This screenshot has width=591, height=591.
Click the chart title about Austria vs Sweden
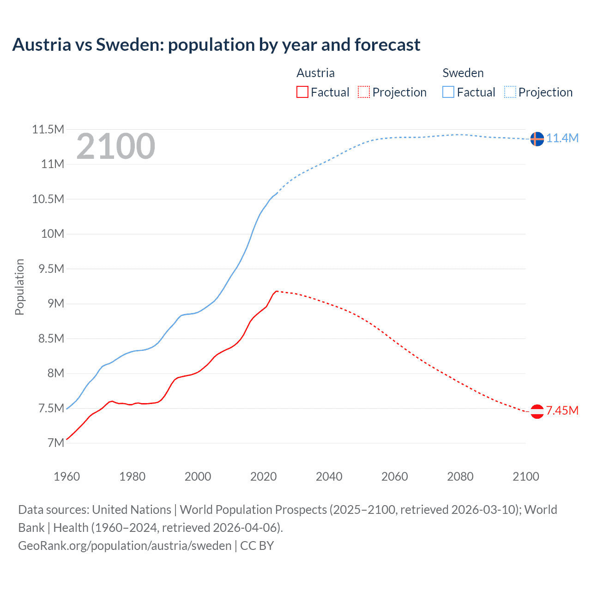coord(216,45)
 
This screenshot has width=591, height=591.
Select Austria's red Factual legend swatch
coord(302,92)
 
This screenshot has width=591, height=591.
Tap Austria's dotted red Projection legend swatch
coord(364,92)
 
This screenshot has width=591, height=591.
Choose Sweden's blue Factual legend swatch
coord(448,92)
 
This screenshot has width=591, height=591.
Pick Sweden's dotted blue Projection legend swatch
coord(510,92)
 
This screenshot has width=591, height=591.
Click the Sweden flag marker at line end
coord(537,139)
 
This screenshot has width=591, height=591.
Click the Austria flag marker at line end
coord(537,411)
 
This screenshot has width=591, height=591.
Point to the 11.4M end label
coord(562,138)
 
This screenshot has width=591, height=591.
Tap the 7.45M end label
coord(562,410)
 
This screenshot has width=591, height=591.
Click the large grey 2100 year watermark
coord(116,146)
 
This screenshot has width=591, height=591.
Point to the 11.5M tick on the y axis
coord(48,129)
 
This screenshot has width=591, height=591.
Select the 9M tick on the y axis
coord(55,303)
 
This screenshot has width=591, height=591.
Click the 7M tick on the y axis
coord(55,443)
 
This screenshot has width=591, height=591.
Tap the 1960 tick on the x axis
coord(67,476)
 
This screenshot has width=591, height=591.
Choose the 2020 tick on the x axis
coord(263,476)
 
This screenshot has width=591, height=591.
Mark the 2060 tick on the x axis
coord(394,476)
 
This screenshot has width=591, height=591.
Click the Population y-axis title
coord(19,287)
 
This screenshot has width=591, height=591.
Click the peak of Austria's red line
coord(276,291)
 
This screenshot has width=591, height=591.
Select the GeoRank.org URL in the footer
coord(125,545)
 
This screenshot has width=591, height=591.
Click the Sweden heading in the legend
coord(463,73)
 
